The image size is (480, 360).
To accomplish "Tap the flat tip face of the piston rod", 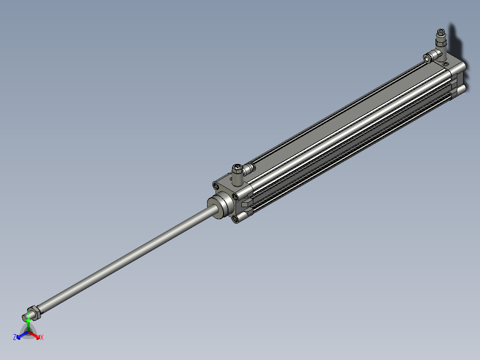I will point(25,318).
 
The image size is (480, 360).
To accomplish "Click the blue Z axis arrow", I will point(21,335).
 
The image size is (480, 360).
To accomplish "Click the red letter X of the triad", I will point(42,338).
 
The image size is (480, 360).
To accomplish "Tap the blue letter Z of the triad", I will point(15,338).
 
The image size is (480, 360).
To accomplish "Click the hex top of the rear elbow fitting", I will point(440,32).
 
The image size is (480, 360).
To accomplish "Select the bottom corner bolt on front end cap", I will point(235,218).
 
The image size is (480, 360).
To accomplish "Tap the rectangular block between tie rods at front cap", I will point(245,205).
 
